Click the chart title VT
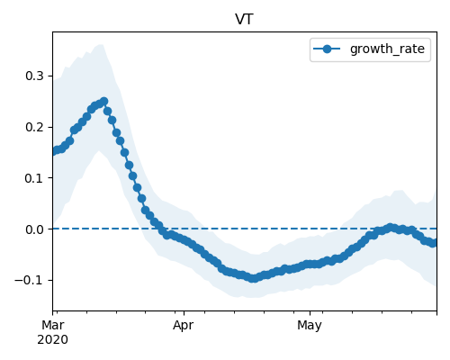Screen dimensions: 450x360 [x=245, y=20]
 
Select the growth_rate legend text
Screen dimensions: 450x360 [x=387, y=49]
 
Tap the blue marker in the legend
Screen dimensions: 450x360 [x=327, y=49]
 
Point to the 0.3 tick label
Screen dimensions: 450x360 [x=34, y=76]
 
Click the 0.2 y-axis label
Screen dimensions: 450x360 [x=34, y=127]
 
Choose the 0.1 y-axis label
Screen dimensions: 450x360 [x=34, y=178]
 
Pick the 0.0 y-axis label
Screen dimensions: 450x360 [x=34, y=229]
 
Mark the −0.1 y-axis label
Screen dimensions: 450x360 [x=30, y=281]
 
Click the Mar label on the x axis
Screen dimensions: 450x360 [x=53, y=325]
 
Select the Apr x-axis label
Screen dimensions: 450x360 [x=184, y=325]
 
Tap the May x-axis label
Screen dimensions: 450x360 [x=310, y=325]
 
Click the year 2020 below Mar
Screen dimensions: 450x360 [x=52, y=340]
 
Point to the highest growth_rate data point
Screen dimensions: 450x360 [x=104, y=101]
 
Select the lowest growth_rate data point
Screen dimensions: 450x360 [x=254, y=278]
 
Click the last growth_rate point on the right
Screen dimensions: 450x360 [x=433, y=243]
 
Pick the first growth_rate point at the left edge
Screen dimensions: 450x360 [x=54, y=151]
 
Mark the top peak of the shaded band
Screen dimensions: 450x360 [x=101, y=44]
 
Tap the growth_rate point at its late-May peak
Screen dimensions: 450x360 [x=390, y=228]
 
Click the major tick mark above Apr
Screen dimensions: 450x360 [x=184, y=313]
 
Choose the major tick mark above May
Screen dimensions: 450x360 [x=310, y=313]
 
